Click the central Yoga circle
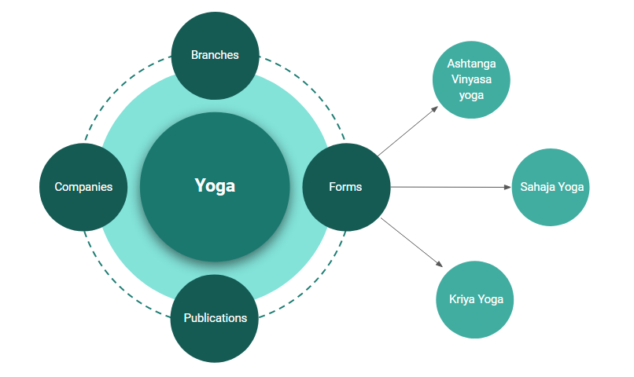215,187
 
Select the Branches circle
215,56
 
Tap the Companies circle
83,187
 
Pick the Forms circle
346,187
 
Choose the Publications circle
215,318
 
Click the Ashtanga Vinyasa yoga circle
471,79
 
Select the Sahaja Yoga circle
551,187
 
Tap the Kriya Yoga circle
474,299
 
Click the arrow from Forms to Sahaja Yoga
451,187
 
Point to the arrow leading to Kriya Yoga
411,242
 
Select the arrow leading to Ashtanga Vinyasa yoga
408,131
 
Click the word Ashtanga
471,64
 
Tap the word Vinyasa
471,79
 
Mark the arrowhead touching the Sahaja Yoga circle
508,187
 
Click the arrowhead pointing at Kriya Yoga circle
440,264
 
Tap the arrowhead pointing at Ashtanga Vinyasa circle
435,109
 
